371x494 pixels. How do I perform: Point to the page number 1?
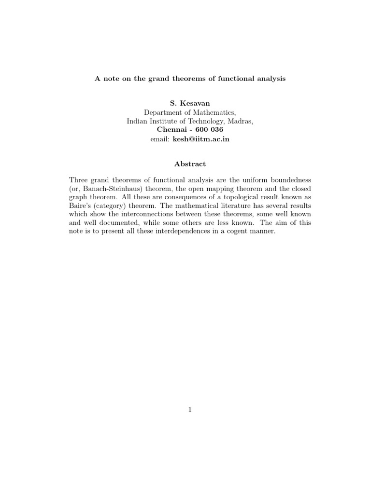190,410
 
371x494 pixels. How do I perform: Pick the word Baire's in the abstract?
80,206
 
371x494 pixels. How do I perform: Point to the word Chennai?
172,130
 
